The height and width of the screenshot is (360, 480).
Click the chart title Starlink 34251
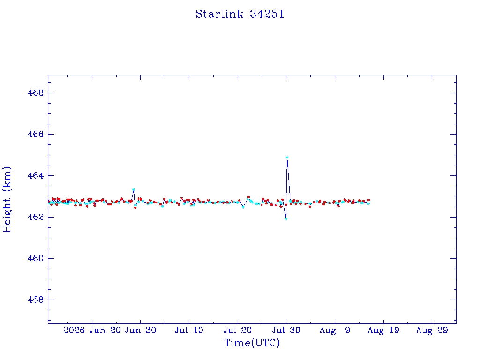[240, 14]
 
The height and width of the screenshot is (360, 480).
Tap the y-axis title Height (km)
[7, 199]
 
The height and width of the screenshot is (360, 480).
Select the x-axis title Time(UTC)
[252, 343]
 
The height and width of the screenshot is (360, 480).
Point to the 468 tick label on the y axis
[36, 93]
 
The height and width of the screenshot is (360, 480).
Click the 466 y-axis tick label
[36, 134]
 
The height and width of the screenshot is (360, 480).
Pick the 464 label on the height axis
[36, 175]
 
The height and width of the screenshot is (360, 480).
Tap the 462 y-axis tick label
[36, 217]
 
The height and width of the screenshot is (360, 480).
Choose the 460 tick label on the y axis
[36, 258]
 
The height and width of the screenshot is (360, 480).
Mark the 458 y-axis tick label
[36, 300]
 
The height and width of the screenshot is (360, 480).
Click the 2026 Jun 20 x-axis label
[92, 330]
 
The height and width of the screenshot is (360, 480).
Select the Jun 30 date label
[141, 330]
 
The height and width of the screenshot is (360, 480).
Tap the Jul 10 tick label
[189, 330]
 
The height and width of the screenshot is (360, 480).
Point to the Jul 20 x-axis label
[238, 330]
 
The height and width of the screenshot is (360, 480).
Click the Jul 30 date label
[286, 330]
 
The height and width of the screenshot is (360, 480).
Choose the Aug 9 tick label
[335, 330]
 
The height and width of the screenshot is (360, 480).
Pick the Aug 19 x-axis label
[383, 330]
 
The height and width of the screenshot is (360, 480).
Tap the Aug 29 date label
[432, 330]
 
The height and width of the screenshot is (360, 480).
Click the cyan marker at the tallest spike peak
[287, 157]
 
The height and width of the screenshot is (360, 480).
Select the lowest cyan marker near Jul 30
[286, 218]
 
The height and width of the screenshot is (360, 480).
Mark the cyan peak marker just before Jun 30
[134, 190]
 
